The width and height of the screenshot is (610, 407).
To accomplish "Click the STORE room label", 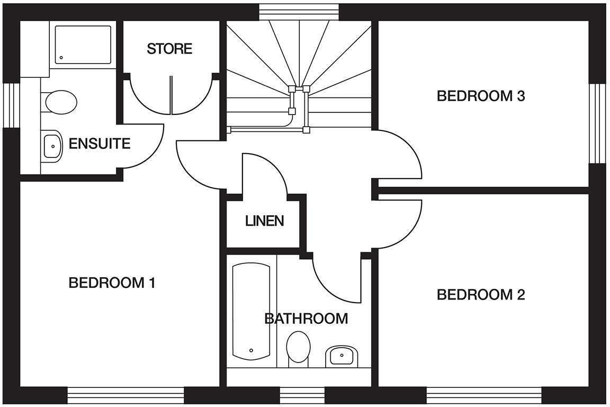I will (x=169, y=49).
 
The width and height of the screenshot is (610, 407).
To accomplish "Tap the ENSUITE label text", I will (x=100, y=144).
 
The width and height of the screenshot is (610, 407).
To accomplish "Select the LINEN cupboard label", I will (x=264, y=220).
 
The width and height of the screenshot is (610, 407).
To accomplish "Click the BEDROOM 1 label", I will (x=112, y=283).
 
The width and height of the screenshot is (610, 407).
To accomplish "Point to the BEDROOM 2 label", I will (x=480, y=295).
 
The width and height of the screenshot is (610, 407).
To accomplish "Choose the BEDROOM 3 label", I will (x=480, y=96).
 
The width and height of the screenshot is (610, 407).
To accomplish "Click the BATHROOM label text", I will (x=306, y=318).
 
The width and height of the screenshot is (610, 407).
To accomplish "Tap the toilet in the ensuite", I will (x=60, y=102).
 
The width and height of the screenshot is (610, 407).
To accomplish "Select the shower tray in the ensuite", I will (x=83, y=45).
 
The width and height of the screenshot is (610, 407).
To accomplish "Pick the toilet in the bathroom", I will (x=298, y=348).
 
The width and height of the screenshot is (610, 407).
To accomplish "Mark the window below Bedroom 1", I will (x=125, y=395).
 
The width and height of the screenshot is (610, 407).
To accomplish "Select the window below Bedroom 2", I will (x=485, y=395).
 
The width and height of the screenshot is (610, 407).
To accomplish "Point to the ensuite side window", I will (x=11, y=105).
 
